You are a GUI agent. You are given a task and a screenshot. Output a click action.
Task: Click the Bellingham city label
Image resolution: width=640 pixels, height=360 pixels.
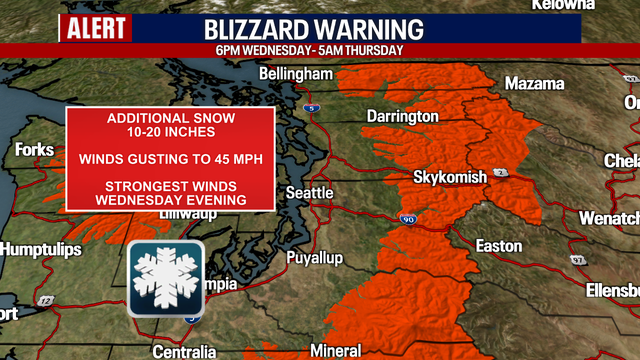pos(295,75)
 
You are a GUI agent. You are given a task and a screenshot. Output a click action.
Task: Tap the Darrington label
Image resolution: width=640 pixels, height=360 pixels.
pos(402,117)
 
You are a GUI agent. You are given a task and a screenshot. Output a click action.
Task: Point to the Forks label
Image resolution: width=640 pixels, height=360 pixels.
pos(35,150)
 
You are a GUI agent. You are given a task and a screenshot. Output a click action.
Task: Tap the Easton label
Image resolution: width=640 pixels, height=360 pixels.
pos(499,245)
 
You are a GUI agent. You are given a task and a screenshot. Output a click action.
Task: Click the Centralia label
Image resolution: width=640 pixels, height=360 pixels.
pos(184,351)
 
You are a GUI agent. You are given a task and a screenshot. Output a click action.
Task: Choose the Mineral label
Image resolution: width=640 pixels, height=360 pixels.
pos(337,351)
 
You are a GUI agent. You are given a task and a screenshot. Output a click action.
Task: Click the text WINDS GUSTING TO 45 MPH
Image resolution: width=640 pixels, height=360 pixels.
pos(170,159)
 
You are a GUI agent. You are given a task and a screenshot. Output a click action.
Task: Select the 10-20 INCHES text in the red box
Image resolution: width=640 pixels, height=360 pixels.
pos(170,133)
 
